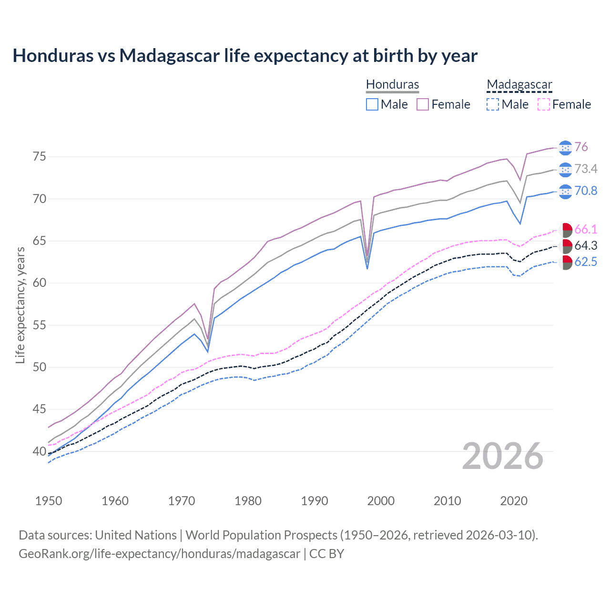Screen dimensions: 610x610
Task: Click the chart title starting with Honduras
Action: click(245, 56)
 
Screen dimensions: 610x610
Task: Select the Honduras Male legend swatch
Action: click(372, 104)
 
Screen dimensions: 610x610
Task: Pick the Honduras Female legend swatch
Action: click(423, 104)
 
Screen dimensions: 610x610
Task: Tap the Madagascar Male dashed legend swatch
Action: click(493, 104)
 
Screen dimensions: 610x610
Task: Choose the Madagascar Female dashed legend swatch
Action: click(544, 104)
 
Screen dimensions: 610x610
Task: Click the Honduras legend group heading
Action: click(392, 84)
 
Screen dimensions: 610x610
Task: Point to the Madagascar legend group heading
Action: click(519, 84)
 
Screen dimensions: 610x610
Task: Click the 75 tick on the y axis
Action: click(40, 157)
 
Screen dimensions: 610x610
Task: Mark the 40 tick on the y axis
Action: click(40, 451)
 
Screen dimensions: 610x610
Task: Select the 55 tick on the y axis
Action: click(40, 325)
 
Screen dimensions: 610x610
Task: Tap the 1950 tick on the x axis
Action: click(49, 501)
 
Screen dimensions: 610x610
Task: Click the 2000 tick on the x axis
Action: click(381, 501)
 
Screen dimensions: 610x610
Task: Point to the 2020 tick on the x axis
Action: click(514, 501)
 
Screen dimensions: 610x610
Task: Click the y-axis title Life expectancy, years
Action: click(20, 305)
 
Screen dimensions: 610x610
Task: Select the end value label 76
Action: click(581, 147)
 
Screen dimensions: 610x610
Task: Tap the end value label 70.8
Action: click(586, 191)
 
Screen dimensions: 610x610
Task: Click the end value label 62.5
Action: click(586, 262)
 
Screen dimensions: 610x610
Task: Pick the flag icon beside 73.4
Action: click(565, 170)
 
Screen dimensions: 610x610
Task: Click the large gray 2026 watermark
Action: click(503, 456)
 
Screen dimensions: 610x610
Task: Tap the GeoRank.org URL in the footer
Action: click(159, 554)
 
